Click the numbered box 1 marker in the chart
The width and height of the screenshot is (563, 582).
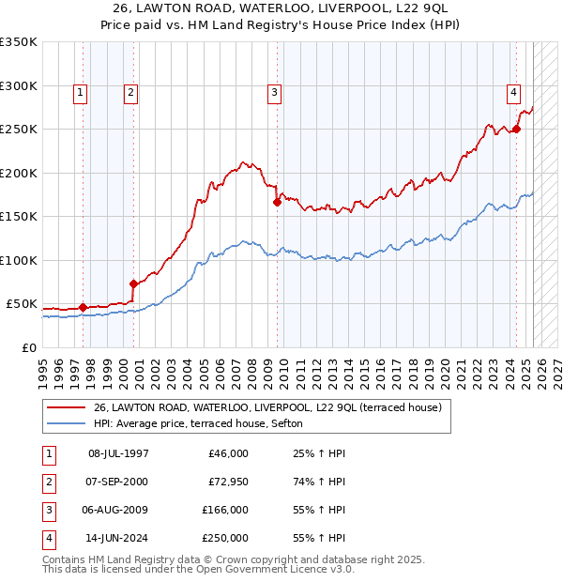tap(81, 92)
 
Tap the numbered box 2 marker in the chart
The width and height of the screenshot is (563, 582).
tap(129, 92)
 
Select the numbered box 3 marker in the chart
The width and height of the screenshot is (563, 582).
tap(274, 92)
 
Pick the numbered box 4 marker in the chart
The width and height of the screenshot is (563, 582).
tap(514, 92)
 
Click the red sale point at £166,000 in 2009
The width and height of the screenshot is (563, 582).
tap(278, 202)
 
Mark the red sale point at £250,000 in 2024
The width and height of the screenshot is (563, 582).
tap(517, 129)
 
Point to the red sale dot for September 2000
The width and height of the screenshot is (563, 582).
tap(133, 283)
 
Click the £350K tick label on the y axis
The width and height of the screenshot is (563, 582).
tap(19, 42)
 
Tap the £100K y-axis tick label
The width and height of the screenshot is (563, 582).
tap(19, 260)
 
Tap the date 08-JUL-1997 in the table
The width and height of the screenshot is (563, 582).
tap(119, 453)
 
